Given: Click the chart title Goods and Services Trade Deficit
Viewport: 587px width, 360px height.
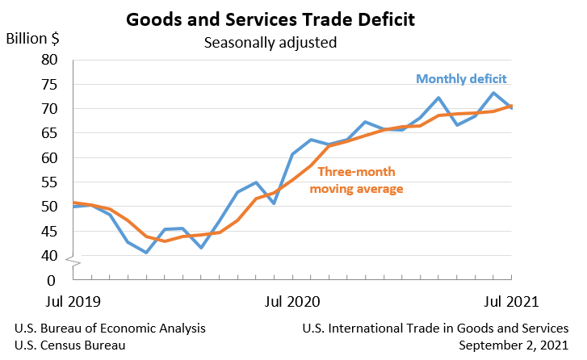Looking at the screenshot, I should coord(293,19).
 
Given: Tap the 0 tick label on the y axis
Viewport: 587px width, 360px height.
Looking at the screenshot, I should coord(53,280).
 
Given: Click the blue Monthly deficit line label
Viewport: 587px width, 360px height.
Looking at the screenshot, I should coord(461,79).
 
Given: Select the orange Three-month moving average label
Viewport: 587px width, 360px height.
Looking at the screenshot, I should coord(359,180).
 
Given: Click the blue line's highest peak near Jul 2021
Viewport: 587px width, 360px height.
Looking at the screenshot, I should coord(494,93).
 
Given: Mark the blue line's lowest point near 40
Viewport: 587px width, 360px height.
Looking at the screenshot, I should coord(146,253).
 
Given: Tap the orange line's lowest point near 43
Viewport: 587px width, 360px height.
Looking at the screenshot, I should coord(165,241).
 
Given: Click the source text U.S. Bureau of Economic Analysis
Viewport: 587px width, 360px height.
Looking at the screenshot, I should coord(110,329).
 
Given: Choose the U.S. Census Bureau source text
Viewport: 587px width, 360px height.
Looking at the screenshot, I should coord(70,345).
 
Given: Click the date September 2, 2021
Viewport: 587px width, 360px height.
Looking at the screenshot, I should coord(513,345).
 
